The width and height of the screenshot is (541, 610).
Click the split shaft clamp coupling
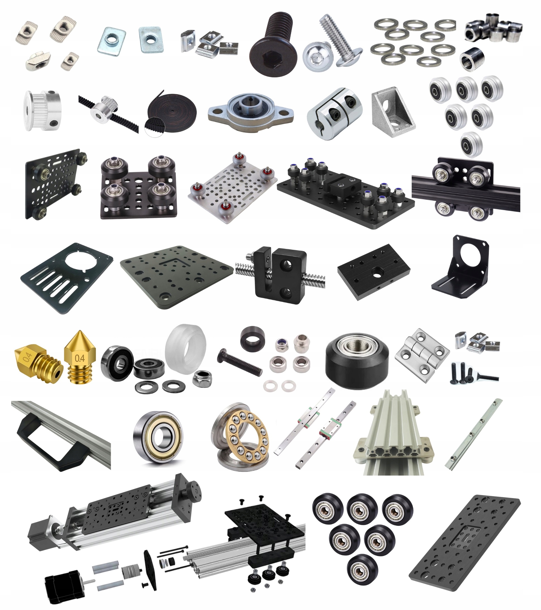[334, 114]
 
